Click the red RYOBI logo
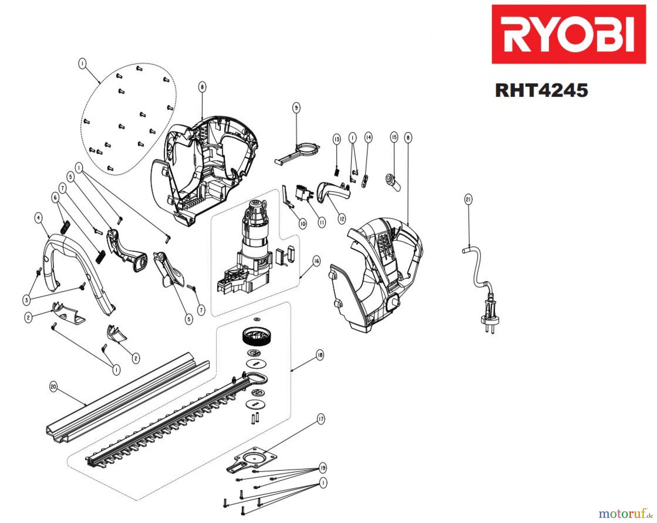pyautogui.click(x=568, y=34)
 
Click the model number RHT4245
pyautogui.click(x=541, y=90)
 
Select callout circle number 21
pyautogui.click(x=468, y=199)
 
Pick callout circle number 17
pyautogui.click(x=320, y=419)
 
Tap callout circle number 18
pyautogui.click(x=320, y=355)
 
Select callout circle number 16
pyautogui.click(x=316, y=261)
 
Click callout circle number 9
pyautogui.click(x=296, y=108)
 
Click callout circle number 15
pyautogui.click(x=394, y=137)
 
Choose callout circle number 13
pyautogui.click(x=337, y=139)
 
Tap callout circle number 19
pyautogui.click(x=323, y=468)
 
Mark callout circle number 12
pyautogui.click(x=342, y=219)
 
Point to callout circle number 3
pyautogui.click(x=26, y=300)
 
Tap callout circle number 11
pyautogui.click(x=322, y=222)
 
